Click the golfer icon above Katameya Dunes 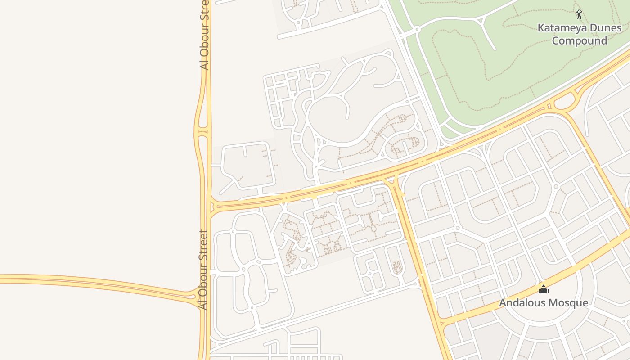click(579, 14)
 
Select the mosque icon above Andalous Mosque click(544, 289)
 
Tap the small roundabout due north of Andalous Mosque click(556, 186)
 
